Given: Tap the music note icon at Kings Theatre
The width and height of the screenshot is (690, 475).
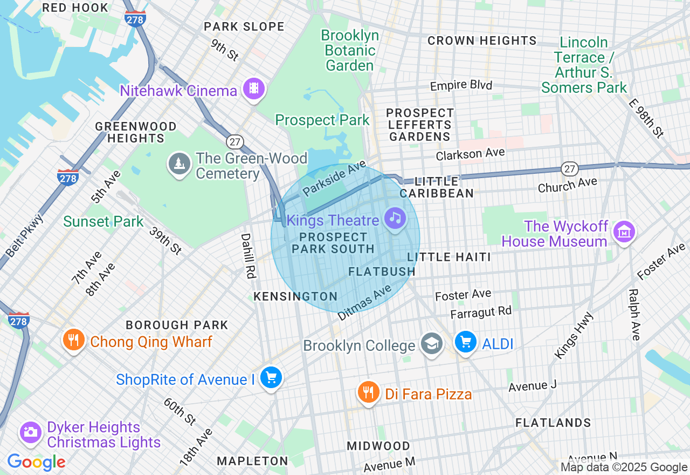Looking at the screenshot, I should point(396,218).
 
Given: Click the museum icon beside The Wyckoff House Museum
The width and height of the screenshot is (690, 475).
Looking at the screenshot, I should point(624,232).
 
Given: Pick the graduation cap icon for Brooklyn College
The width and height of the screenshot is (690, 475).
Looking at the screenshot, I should point(432,343).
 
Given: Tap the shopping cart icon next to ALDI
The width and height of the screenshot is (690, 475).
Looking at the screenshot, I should point(465,342).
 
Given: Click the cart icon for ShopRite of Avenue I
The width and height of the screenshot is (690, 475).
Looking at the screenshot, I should point(271,377).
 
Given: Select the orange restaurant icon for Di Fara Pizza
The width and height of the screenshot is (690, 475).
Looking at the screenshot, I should point(369,392).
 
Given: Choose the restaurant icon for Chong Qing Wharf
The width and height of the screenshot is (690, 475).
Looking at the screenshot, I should point(74,340).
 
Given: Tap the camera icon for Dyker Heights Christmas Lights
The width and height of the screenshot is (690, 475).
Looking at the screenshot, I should point(31,433).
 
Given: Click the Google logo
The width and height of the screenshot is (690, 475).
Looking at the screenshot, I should point(37,463).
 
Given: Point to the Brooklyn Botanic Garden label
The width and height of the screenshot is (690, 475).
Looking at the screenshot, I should point(350,51).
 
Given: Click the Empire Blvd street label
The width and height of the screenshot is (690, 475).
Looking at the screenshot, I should point(461,85).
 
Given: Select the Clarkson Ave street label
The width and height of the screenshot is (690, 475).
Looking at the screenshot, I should point(470,154).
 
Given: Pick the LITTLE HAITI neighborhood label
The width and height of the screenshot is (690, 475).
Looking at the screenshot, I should point(449,257).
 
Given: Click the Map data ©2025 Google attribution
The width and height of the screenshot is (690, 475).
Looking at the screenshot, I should point(624,467).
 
